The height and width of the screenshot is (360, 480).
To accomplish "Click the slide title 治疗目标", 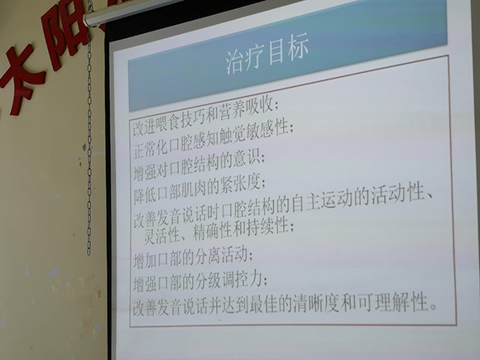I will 266,49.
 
